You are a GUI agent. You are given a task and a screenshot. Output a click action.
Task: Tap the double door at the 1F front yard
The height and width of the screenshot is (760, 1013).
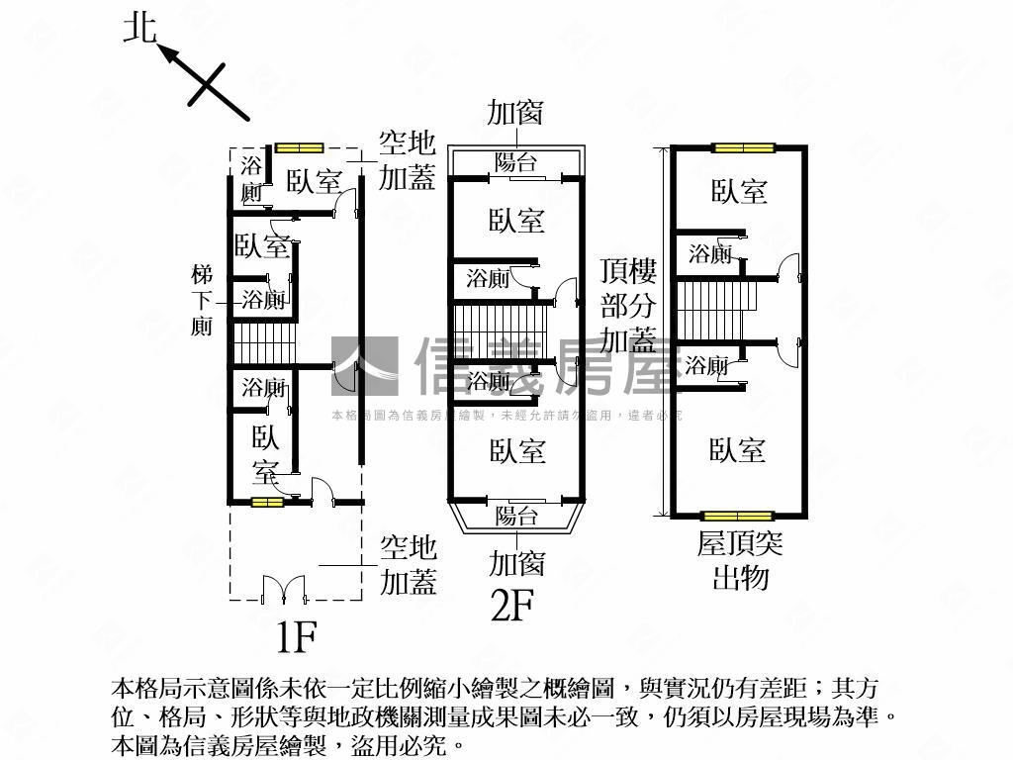pos(284,589)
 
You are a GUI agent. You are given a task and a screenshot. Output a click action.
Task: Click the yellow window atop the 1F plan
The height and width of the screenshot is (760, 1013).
pos(299,148)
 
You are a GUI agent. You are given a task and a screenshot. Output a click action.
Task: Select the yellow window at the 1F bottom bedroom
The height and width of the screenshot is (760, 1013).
pos(265,503)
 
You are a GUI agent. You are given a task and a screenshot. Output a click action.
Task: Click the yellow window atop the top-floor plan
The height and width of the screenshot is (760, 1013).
pos(743,148)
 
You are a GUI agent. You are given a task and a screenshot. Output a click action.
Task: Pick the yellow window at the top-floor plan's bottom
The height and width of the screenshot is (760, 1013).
pos(737,516)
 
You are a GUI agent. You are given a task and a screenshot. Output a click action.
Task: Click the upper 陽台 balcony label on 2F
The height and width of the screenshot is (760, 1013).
pos(515,163)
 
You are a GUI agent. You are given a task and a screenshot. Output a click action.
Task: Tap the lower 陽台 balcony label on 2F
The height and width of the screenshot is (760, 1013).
pos(515,516)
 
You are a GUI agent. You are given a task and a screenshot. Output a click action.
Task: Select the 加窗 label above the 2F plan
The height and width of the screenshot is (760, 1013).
pos(514,112)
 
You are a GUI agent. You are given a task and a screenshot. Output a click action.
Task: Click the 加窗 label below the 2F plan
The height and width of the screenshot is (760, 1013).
pos(516,564)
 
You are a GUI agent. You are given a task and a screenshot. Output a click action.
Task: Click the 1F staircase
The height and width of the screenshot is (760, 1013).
pos(264,343)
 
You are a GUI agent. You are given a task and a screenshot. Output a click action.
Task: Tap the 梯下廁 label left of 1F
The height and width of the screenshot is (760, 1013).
pos(202,299)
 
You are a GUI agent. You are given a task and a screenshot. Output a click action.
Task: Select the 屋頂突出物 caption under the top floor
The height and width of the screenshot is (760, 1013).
pos(740,559)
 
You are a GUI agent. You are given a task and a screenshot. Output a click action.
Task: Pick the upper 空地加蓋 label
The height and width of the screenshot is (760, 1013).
pos(408,161)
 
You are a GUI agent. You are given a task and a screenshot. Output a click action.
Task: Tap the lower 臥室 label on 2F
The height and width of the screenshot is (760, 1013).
pos(516,452)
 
